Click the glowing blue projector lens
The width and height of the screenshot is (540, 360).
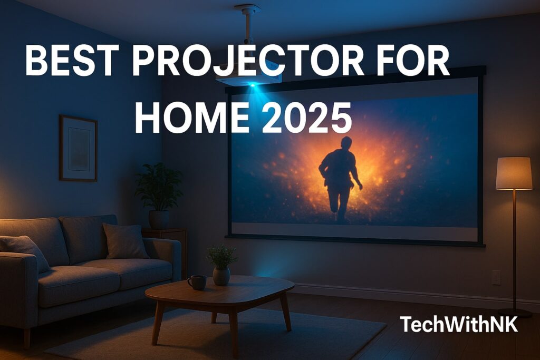pos(253,84)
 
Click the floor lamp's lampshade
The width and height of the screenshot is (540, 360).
pos(514,173)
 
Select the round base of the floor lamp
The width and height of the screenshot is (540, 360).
pos(514,313)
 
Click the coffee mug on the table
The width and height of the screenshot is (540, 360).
pos(197,282)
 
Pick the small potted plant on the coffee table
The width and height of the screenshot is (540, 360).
pos(221,264)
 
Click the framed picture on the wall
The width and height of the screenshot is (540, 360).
pos(78,148)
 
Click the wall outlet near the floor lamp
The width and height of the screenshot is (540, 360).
pos(496,277)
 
